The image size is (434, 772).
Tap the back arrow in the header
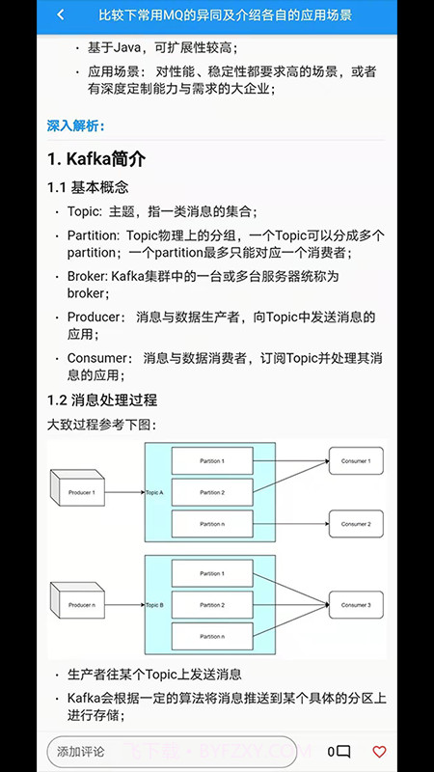(x=61, y=15)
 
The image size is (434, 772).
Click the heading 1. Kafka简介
(x=96, y=158)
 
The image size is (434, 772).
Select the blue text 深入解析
(x=75, y=125)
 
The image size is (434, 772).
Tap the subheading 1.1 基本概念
(x=88, y=187)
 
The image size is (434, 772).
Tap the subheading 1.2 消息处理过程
(x=102, y=400)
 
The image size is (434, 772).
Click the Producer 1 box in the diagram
(x=80, y=492)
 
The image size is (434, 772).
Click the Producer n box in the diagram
(x=80, y=605)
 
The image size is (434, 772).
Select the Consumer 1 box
(x=356, y=461)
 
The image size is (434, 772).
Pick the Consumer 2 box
(x=356, y=524)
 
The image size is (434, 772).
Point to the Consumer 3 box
(x=356, y=605)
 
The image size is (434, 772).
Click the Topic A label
(x=155, y=492)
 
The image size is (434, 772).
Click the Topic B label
(x=155, y=605)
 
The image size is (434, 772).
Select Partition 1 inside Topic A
(x=212, y=461)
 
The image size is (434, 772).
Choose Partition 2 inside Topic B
(x=212, y=605)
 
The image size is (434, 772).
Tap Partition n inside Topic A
(x=212, y=524)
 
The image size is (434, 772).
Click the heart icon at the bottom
(x=379, y=751)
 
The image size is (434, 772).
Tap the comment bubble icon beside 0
(x=343, y=751)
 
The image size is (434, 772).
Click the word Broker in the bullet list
(x=86, y=276)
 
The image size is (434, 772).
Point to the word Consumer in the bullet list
(x=95, y=358)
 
